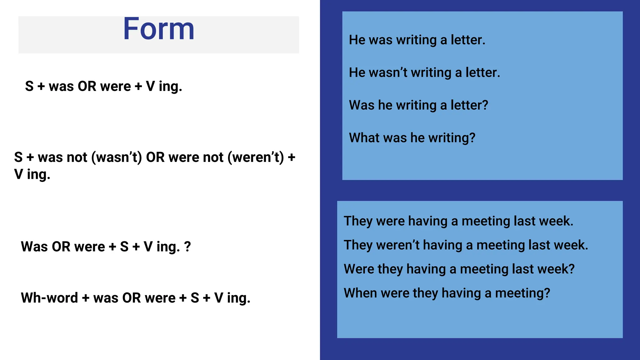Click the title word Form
click(x=159, y=29)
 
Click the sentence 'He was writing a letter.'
click(x=417, y=40)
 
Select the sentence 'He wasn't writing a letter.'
click(x=424, y=72)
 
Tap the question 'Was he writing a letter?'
click(x=418, y=105)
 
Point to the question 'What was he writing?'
click(x=412, y=138)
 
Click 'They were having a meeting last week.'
click(x=458, y=221)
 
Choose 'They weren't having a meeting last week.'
click(x=466, y=245)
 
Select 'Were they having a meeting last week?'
click(x=459, y=269)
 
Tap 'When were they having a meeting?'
click(x=447, y=293)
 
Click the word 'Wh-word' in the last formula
click(x=49, y=298)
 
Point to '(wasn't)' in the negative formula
click(x=117, y=157)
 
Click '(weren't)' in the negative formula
click(x=256, y=157)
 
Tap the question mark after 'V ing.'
click(x=187, y=247)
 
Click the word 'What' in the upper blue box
click(x=362, y=138)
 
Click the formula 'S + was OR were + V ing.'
click(x=103, y=87)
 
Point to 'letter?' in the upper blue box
click(x=469, y=105)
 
